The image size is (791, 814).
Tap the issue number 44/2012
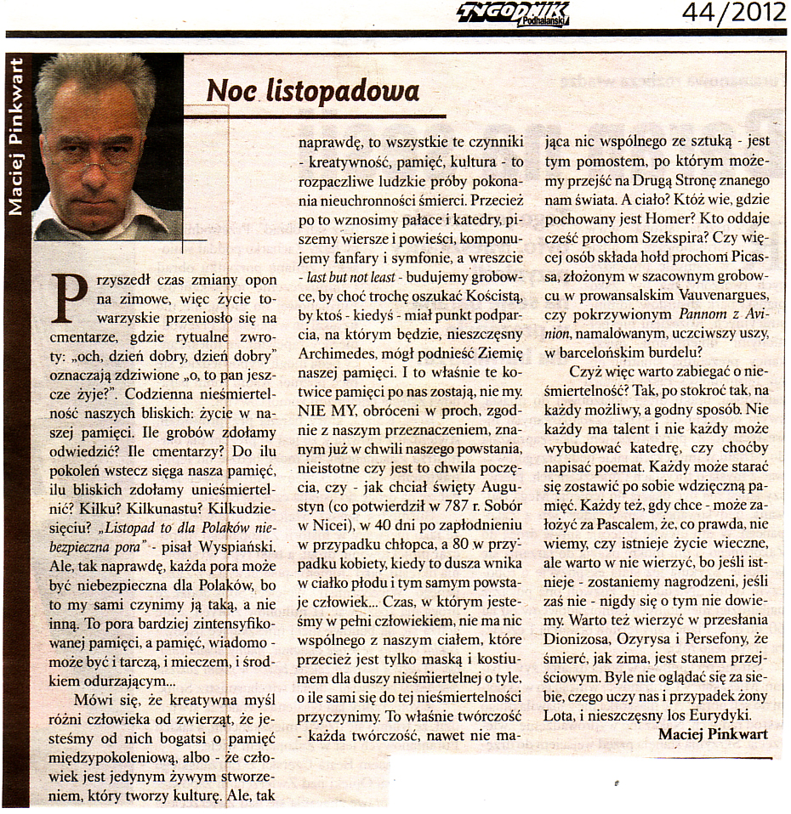[x=733, y=13]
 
